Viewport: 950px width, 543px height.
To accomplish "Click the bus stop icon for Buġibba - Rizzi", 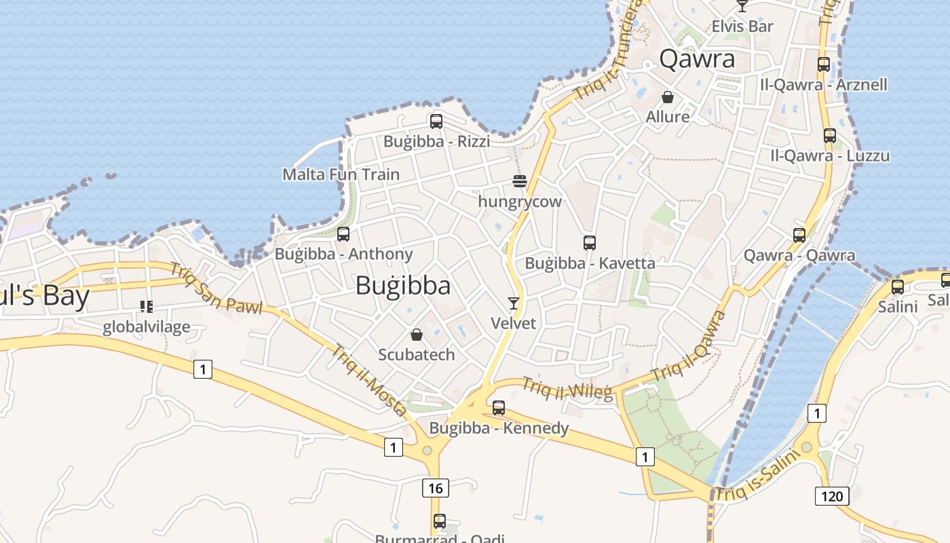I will tap(436, 121).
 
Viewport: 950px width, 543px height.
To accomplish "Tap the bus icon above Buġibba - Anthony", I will tap(343, 234).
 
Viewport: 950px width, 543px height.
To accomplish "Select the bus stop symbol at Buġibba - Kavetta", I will tap(590, 243).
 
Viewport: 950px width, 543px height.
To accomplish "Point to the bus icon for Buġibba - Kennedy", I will tap(499, 408).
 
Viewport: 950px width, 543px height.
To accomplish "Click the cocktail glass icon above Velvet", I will tap(514, 303).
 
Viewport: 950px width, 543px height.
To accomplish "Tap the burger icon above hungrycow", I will tap(520, 181).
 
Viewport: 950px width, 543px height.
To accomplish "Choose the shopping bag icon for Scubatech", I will tap(417, 335).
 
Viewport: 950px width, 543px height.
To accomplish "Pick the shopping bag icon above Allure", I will tap(668, 97).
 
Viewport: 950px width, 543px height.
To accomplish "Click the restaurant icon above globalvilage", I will tap(147, 307).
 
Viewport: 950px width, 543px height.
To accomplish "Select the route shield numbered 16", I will tap(435, 487).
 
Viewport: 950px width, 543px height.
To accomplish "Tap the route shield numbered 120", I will tap(832, 496).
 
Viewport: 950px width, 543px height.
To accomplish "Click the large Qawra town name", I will tap(697, 59).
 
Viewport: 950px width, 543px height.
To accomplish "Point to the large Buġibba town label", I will tap(403, 286).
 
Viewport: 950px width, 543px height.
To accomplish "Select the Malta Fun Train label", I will tap(341, 174).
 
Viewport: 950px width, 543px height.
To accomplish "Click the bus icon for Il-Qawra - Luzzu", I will tap(829, 136).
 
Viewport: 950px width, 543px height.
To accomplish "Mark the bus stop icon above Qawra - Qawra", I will tap(799, 236).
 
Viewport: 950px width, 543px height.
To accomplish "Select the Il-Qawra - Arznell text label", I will tap(824, 85).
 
